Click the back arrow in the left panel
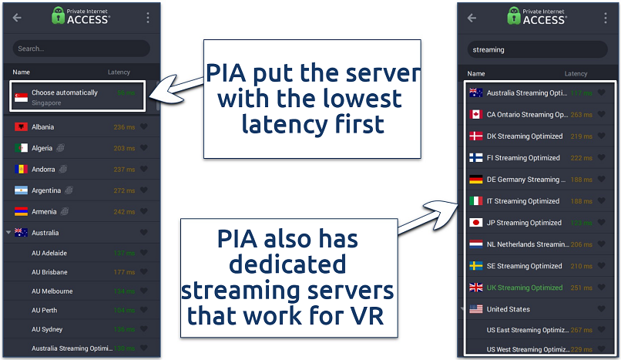pos(17,18)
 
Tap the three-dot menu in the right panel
pos(603,18)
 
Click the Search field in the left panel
pos(81,49)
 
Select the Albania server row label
pos(42,126)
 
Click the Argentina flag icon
pos(21,190)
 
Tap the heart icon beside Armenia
pos(143,212)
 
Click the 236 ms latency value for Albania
pos(123,127)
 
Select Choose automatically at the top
pos(65,93)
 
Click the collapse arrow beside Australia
pos(8,233)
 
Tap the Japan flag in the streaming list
pos(476,223)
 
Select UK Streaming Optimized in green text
pos(524,288)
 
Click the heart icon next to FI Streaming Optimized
pos(602,158)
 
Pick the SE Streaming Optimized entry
pos(524,266)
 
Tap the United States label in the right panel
pos(509,309)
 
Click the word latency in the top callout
pos(278,123)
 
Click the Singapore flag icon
pos(21,96)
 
